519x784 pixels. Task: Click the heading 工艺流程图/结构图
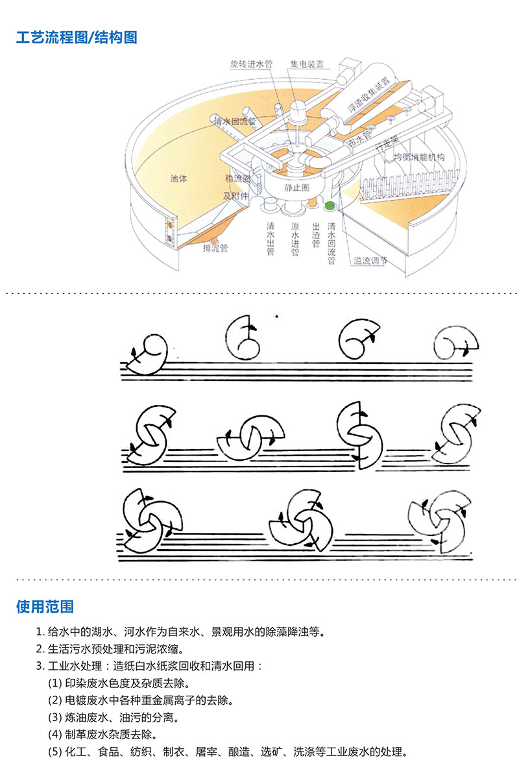pos(77,37)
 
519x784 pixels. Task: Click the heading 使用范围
pos(45,607)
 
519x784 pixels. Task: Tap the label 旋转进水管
pos(251,64)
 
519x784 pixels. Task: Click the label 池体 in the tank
pos(178,178)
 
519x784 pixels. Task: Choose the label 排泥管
pos(215,247)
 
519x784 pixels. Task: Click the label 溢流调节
pos(370,261)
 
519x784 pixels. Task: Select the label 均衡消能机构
pos(419,158)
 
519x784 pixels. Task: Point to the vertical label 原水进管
pos(295,239)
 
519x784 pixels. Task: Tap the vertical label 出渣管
pos(316,235)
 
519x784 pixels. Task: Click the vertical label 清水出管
pos(271,239)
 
